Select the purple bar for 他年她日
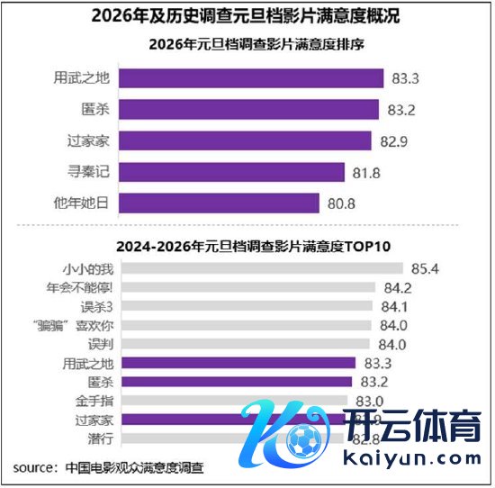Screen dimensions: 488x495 click(x=219, y=203)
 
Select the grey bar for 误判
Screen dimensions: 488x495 click(x=244, y=344)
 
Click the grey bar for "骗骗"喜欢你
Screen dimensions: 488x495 click(x=244, y=325)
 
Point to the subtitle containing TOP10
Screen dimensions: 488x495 click(x=248, y=244)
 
